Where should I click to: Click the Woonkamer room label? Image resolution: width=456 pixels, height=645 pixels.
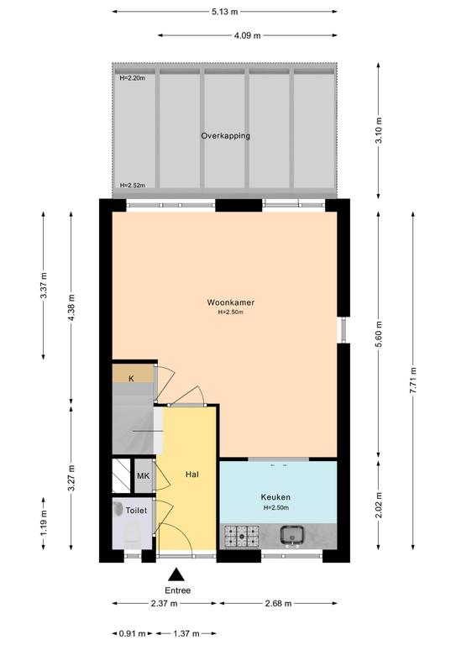pos(231,302)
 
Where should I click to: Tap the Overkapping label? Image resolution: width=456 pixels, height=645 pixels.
pos(225,136)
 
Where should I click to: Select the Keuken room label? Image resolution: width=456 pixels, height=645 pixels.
pos(275,497)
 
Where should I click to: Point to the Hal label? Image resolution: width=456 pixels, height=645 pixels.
pos(192,475)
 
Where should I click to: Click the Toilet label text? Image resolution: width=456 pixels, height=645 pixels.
pos(136,511)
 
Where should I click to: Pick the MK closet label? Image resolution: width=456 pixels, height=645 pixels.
pos(143,476)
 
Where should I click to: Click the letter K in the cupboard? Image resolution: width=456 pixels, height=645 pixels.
pos(131,379)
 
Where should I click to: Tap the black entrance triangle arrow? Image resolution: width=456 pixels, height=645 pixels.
pos(176,574)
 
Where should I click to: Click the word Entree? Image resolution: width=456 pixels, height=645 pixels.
pos(178,590)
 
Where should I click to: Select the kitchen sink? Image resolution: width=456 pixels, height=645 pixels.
pos(291,536)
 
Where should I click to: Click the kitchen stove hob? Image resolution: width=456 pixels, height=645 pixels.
pos(241,537)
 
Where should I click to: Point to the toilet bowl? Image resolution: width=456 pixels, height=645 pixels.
pos(133,533)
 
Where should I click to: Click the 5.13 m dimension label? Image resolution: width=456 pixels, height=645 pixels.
pos(225,12)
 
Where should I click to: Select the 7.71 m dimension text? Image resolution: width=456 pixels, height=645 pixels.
pos(413,380)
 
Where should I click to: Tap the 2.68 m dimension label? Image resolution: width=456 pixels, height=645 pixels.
pos(278,604)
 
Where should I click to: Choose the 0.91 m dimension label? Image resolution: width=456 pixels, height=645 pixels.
pos(133,633)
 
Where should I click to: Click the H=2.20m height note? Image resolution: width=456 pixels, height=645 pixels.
pos(132,78)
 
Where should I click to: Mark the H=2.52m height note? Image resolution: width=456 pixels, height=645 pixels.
pos(133,185)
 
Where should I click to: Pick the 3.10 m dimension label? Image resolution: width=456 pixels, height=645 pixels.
pos(379,130)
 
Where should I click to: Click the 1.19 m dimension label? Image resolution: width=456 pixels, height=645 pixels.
pos(44,522)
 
